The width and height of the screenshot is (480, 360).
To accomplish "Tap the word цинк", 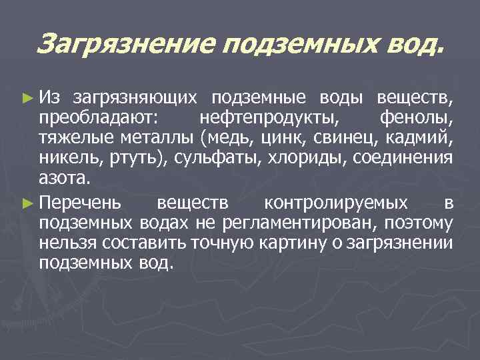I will tap(279, 139).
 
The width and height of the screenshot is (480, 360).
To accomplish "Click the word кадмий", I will tap(419, 139).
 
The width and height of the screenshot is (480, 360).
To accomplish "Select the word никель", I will tap(67, 160).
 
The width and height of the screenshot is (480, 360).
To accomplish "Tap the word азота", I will tap(63, 181).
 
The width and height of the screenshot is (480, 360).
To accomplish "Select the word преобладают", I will tap(97, 119).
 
